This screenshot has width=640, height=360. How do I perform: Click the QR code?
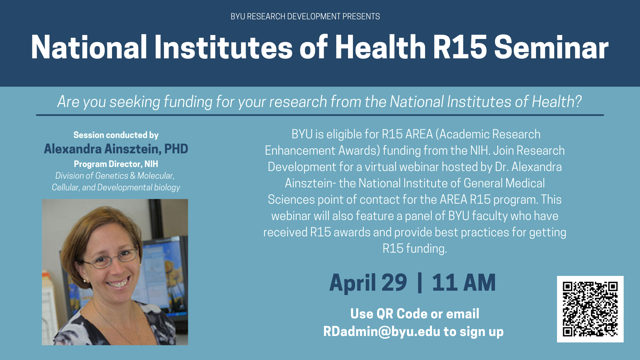(590, 309)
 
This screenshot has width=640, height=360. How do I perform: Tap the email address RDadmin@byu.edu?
(382, 332)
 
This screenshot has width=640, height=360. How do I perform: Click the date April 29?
(368, 283)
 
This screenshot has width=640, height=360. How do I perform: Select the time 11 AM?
(464, 283)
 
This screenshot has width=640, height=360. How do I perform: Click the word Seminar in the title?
(551, 47)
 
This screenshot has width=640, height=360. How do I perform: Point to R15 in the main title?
(460, 47)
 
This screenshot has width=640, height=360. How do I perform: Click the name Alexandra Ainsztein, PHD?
(116, 149)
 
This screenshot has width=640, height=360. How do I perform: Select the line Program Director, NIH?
(116, 164)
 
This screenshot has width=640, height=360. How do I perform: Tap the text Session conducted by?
(116, 135)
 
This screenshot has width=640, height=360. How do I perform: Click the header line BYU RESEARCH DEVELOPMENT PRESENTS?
(305, 16)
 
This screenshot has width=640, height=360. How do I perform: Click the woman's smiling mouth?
(117, 284)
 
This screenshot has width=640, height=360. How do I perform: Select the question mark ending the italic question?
(578, 101)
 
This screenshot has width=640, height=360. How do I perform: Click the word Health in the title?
(380, 47)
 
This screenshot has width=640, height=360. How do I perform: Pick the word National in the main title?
(89, 47)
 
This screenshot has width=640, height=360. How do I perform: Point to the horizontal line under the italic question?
(320, 115)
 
